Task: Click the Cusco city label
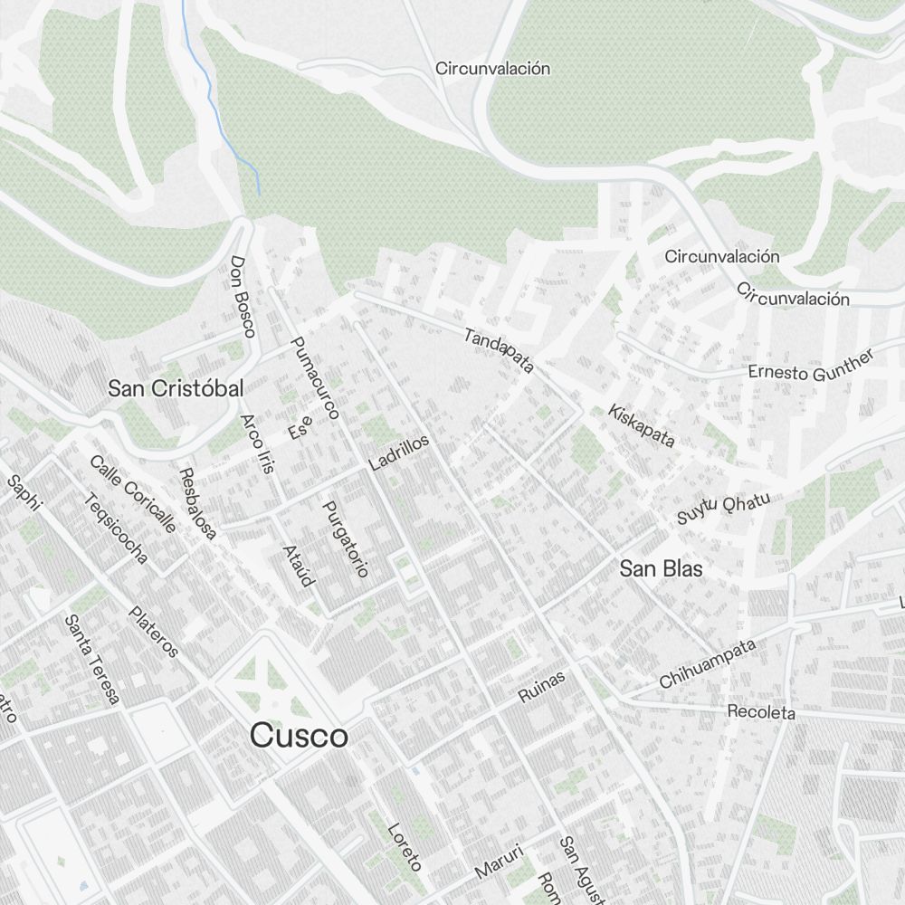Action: coord(299,736)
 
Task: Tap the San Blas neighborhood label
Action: coord(661,569)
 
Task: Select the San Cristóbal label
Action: coord(176,389)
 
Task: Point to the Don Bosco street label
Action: coord(243,296)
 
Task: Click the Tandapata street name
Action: coord(499,350)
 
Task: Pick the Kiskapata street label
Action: coord(642,425)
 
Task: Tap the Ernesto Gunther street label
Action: coord(811,366)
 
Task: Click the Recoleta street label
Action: coord(761,712)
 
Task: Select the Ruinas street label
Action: coord(541,687)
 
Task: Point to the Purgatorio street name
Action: coord(346,538)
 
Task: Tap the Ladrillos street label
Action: coord(399,452)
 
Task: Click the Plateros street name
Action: coord(153,631)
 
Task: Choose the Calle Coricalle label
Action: coord(132,493)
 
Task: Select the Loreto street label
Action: coord(404,846)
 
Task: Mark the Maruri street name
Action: coord(500,861)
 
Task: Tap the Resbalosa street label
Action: coord(197,504)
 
